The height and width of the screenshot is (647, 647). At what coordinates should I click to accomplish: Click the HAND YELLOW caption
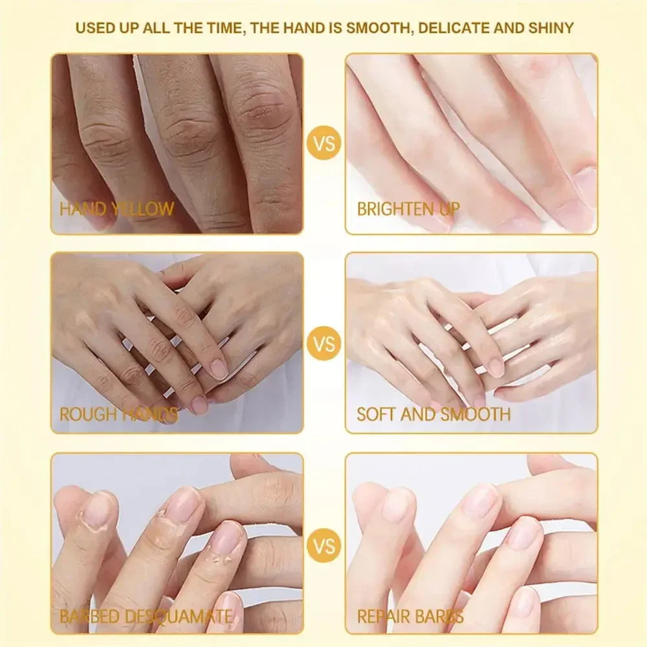[x=117, y=209]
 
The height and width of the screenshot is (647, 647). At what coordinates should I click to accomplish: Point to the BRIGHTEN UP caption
[x=408, y=209]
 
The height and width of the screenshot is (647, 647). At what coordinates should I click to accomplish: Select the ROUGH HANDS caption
[x=118, y=414]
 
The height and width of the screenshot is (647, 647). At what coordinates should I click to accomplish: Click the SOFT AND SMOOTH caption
[x=433, y=414]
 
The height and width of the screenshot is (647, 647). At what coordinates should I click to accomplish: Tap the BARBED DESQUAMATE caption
[x=146, y=617]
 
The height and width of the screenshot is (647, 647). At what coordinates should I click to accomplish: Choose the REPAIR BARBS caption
[x=410, y=617]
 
